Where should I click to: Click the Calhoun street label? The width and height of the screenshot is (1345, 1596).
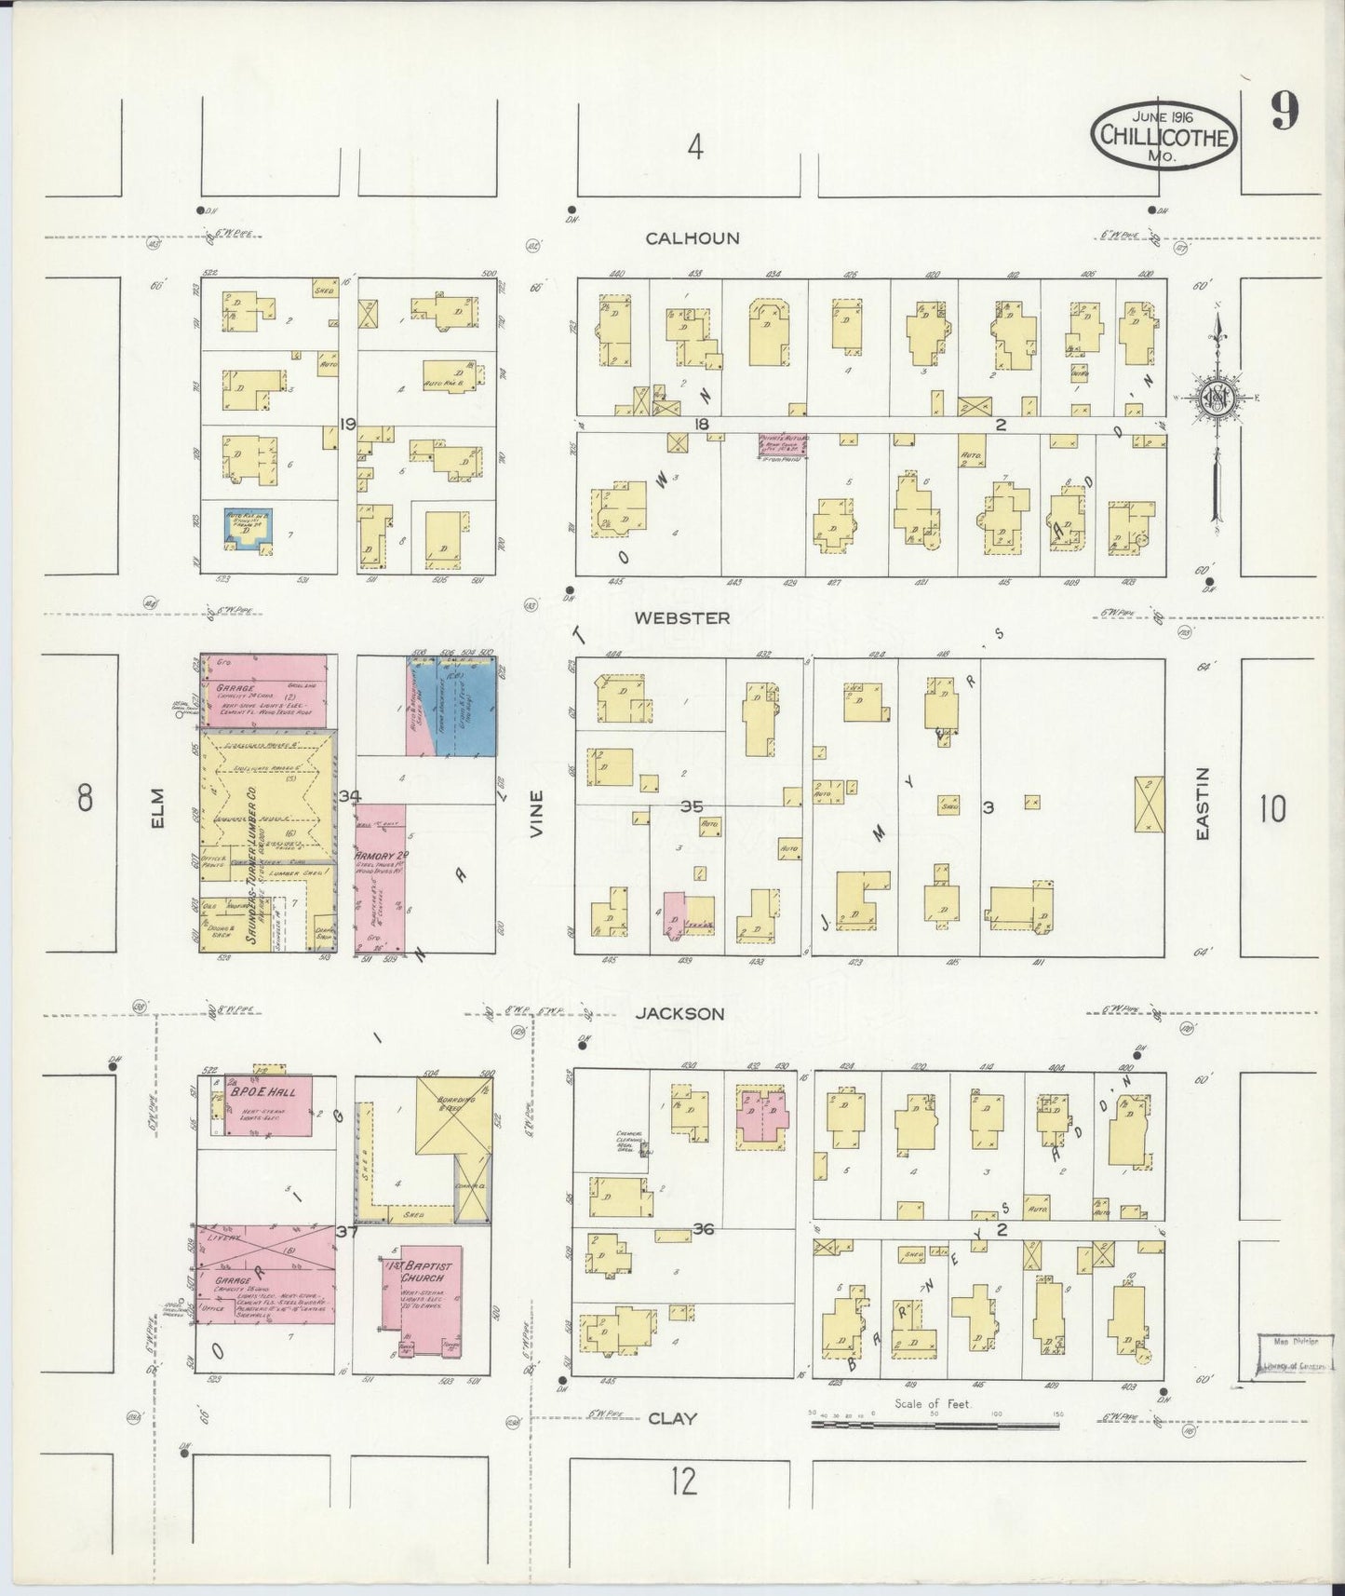693,238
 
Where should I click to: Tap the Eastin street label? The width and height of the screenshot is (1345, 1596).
1202,805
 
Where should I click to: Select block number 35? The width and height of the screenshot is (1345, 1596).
691,806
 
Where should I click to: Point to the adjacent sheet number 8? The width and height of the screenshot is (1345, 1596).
86,799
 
